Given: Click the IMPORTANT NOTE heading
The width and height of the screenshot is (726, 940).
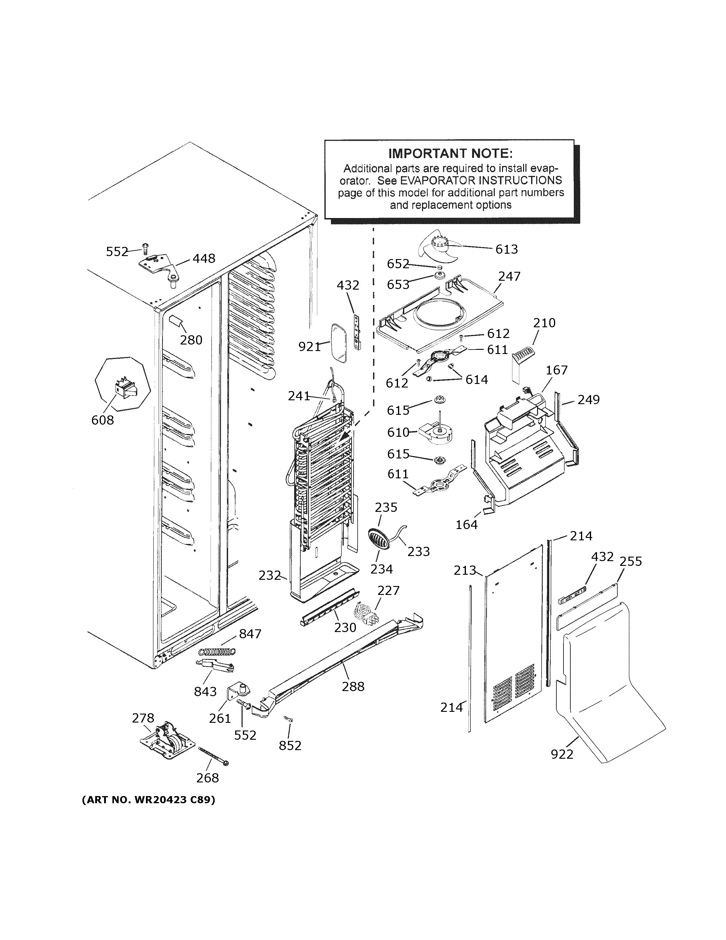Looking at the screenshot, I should [450, 154].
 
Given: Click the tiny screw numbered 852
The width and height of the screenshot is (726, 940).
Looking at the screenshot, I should [289, 719].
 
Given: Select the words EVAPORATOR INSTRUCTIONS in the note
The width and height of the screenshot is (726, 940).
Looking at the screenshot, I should [481, 180].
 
